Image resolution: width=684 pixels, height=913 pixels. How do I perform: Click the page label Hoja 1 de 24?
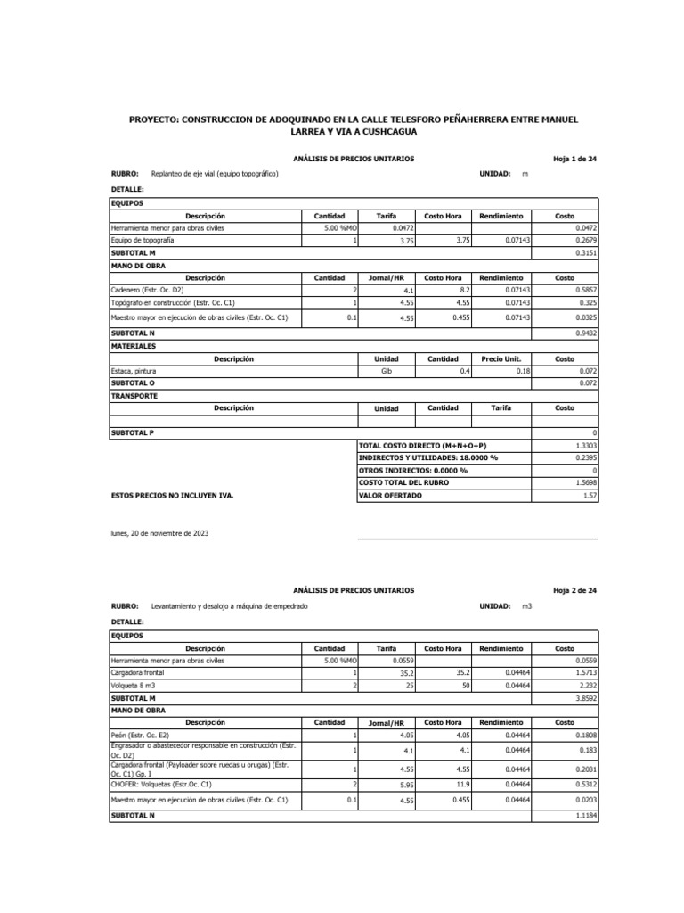click(574, 159)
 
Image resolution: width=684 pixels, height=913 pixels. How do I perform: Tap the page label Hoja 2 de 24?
click(574, 590)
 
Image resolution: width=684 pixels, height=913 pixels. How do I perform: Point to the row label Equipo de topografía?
click(142, 241)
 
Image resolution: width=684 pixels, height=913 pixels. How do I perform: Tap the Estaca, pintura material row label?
click(136, 370)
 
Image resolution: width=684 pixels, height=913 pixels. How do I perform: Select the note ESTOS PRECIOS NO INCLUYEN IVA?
click(172, 495)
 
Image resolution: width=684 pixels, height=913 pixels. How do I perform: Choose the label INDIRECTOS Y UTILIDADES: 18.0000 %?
click(427, 457)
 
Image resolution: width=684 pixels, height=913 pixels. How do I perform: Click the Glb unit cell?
click(387, 370)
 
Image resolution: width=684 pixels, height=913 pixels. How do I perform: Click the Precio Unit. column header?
click(501, 358)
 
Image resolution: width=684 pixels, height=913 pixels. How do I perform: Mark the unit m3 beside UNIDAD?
click(528, 606)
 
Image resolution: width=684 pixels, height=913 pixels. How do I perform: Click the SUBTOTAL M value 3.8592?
click(585, 697)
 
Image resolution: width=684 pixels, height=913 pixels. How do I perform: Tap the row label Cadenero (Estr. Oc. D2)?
click(147, 290)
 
